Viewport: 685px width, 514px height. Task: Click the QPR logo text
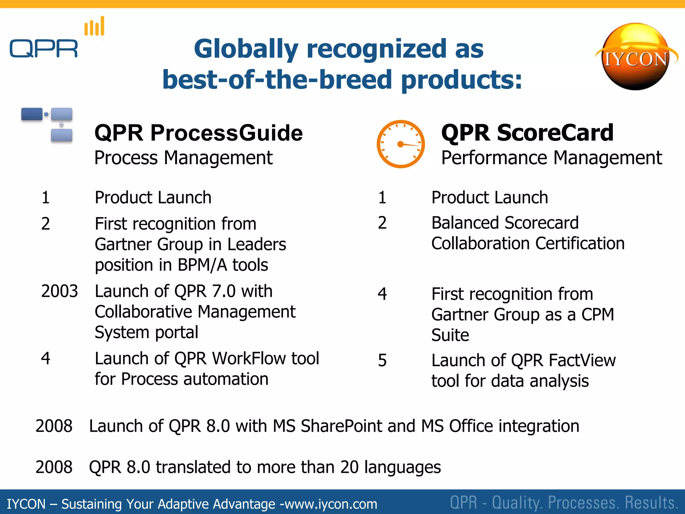(43, 49)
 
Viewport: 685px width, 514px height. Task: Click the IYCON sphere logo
(635, 57)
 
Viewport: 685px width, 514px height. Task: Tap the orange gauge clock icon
(400, 144)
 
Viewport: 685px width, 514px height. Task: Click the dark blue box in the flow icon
(32, 114)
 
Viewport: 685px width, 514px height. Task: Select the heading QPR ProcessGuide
(198, 133)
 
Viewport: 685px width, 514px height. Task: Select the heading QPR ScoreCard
(527, 133)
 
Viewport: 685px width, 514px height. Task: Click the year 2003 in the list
(59, 291)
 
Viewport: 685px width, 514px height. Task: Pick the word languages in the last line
(402, 467)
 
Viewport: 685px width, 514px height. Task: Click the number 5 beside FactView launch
(382, 361)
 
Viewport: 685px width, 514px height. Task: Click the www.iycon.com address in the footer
(331, 504)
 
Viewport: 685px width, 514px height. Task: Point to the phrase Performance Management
(551, 158)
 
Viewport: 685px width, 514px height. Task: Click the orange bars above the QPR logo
(94, 27)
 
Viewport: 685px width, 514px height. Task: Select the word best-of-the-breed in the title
(277, 80)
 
